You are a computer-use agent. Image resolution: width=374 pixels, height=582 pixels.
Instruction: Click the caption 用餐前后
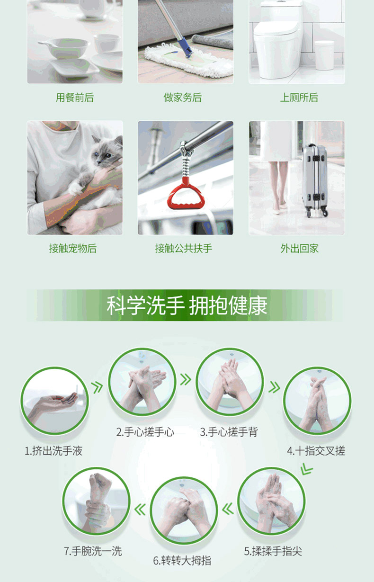(75, 98)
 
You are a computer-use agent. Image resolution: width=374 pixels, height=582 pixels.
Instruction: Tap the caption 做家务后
(183, 98)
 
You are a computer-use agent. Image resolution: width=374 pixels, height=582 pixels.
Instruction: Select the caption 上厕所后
(299, 98)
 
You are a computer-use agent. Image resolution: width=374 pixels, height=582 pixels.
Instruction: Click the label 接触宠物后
(73, 249)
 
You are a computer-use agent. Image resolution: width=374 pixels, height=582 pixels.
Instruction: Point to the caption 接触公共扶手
(184, 249)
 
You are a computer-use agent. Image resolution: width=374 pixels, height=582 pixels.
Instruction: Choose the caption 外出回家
(299, 249)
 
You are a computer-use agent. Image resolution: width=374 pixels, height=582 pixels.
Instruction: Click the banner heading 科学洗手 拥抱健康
(187, 305)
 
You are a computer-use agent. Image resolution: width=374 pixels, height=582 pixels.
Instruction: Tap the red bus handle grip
(186, 194)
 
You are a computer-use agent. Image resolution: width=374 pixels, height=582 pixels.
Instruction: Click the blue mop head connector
(186, 47)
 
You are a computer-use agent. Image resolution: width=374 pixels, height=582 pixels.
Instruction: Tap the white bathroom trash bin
(324, 55)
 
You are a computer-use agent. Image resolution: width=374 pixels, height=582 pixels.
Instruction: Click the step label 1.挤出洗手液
(53, 451)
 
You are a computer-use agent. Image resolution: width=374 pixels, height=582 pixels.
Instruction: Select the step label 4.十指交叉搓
(316, 451)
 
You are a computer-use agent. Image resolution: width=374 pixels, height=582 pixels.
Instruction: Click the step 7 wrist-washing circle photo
(96, 501)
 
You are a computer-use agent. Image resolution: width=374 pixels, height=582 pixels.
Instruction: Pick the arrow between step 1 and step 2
(98, 387)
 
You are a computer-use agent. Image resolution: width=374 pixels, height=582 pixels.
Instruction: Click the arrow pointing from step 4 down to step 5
(306, 469)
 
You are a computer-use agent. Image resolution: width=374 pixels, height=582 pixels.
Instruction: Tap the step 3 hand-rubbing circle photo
(230, 382)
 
